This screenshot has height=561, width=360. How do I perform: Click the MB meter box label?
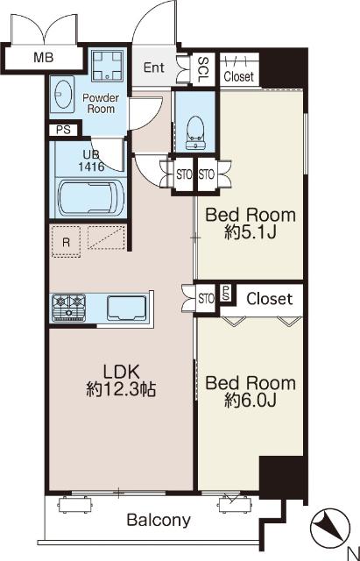[44, 57]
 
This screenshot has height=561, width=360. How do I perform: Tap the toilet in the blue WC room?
[195, 132]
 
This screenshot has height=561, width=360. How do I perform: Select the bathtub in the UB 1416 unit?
[91, 197]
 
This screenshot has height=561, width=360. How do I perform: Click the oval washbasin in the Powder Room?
[63, 94]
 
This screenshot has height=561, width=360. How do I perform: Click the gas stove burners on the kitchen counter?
[69, 308]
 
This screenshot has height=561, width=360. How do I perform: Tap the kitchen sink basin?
[126, 308]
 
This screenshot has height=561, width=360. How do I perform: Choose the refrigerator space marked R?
[66, 242]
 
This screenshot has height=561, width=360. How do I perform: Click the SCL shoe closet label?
[203, 69]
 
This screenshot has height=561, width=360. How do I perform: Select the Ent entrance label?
[154, 67]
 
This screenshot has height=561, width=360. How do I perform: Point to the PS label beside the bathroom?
[63, 130]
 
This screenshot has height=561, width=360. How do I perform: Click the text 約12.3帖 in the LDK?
[121, 389]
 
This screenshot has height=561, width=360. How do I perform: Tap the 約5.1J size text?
[251, 233]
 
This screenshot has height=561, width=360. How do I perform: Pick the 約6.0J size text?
[251, 401]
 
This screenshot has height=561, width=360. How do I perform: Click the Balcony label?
[159, 520]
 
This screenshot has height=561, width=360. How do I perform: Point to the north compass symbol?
[330, 528]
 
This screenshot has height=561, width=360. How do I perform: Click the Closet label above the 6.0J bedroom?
[270, 298]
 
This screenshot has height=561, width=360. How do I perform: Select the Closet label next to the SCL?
[239, 76]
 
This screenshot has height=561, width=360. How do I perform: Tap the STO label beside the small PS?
[206, 298]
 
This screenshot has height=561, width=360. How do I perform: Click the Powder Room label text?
[101, 103]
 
